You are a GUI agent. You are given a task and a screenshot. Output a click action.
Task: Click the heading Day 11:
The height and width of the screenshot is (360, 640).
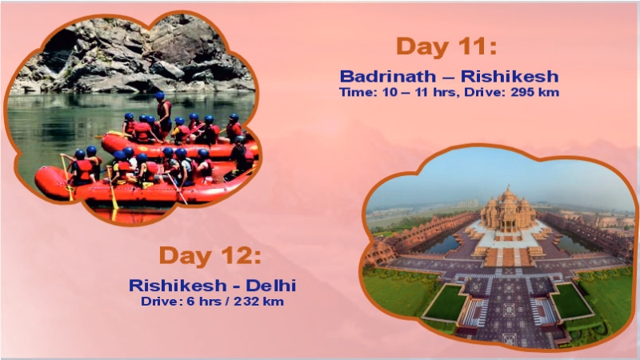coord(446,46)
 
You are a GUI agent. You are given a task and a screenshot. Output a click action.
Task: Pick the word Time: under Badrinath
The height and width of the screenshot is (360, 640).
coord(358,93)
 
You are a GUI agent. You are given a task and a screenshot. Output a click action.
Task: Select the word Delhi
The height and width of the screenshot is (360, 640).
coord(273,285)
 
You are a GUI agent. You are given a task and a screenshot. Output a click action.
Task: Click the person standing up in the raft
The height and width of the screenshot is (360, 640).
coord(163,112)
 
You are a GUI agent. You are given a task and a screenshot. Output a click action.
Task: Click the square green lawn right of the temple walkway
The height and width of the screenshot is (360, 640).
coord(570,301)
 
